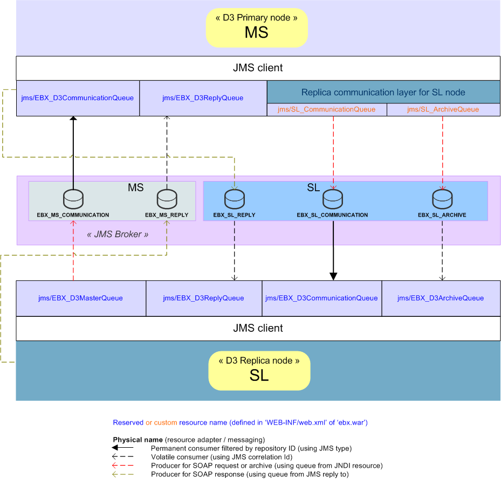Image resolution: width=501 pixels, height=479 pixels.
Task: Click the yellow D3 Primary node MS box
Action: coord(257,27)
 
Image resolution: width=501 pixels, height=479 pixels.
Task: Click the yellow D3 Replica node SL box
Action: coord(259,370)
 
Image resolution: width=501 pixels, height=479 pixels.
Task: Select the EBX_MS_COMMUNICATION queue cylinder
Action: coord(73,200)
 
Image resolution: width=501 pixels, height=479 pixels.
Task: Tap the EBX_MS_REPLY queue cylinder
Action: coord(167,200)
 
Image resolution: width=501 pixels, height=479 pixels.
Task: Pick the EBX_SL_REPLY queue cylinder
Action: coord(234,200)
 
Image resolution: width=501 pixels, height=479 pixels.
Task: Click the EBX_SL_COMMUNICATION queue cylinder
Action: coord(333,200)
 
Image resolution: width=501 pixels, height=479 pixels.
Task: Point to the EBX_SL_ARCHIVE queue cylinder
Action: coord(442,200)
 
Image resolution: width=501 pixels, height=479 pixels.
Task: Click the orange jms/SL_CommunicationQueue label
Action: coord(326,109)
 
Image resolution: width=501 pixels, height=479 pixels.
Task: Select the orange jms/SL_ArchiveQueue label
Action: coord(443,109)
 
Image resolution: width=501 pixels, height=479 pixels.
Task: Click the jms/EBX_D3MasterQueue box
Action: coord(81,298)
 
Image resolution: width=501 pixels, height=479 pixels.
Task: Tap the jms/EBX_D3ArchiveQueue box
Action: coord(441,298)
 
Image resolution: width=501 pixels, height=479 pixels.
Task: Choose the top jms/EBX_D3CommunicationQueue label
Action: coord(78,98)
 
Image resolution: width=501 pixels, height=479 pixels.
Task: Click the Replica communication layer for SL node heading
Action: coord(383,92)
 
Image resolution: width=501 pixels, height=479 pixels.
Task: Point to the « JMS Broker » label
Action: coord(118,234)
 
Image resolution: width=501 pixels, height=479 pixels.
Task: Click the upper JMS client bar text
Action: coord(258,68)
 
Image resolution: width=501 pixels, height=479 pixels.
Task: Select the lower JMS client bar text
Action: coord(258,328)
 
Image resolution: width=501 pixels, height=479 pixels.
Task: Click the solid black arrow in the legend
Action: coord(123,448)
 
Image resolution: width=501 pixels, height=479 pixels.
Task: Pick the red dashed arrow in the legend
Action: coord(123,466)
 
